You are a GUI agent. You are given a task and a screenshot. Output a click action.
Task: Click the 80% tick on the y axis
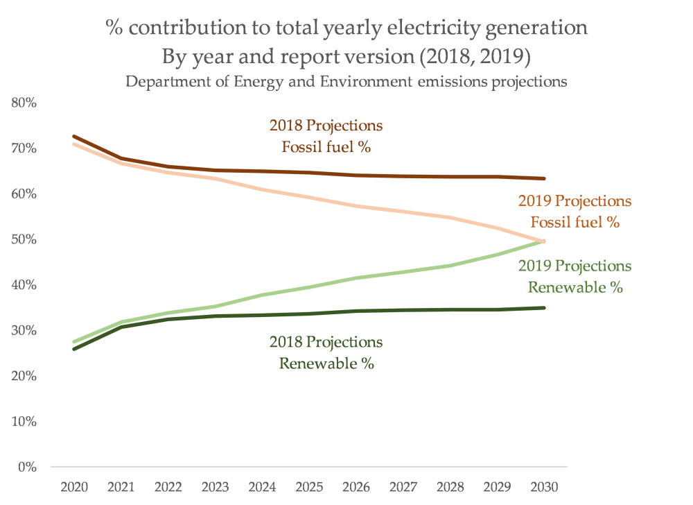[x=24, y=103]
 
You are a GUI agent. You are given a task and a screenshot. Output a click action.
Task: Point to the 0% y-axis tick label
[x=27, y=467]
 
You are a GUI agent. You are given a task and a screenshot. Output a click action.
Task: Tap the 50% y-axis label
[x=24, y=239]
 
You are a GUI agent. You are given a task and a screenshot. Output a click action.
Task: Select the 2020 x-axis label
[x=73, y=488]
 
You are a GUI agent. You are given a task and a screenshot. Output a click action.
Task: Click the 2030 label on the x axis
[x=543, y=488]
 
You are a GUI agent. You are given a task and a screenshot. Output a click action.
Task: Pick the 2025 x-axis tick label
[x=308, y=488]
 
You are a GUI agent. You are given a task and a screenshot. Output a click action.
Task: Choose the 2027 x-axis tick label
[x=403, y=488]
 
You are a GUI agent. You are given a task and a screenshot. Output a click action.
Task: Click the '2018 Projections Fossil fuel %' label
[x=326, y=137]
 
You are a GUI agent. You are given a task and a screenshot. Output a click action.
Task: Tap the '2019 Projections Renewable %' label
[x=575, y=277]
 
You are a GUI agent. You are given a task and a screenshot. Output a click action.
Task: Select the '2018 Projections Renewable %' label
[x=326, y=352]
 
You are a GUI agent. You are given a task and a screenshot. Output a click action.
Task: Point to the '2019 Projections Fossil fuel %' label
[x=575, y=212]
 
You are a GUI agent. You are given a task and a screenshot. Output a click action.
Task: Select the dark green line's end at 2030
[x=544, y=307]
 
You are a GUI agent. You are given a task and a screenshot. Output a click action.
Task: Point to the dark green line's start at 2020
[x=73, y=348]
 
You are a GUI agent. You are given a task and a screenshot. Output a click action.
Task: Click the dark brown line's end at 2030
[x=544, y=178]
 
